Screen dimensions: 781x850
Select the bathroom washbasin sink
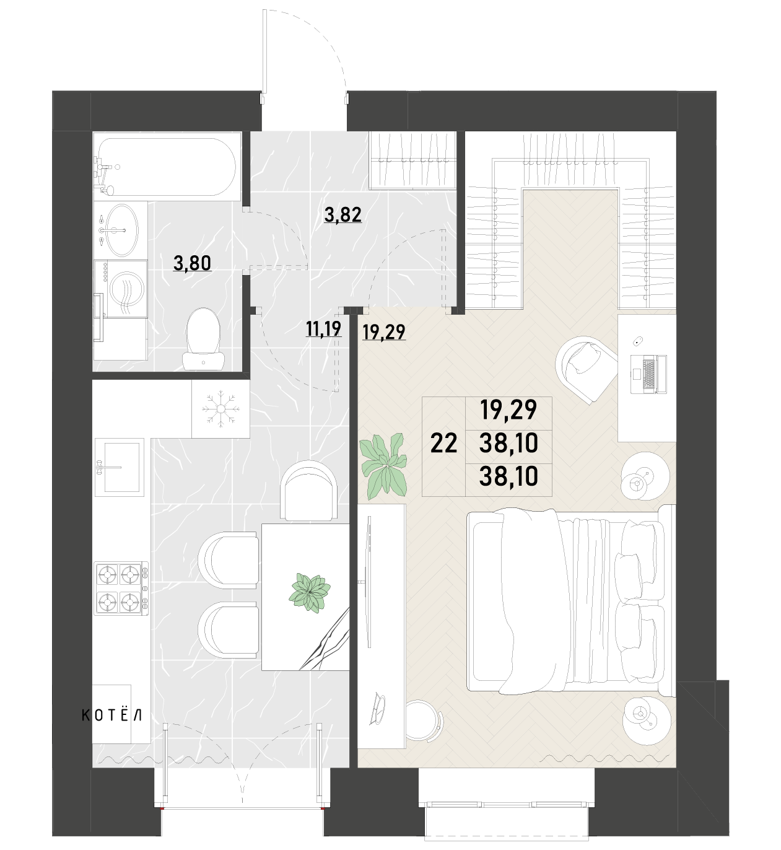tap(121, 230)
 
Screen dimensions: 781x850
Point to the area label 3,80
tap(192, 263)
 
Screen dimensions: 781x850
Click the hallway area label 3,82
tap(343, 215)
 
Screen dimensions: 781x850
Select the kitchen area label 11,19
tap(323, 328)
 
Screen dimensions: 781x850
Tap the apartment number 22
tap(443, 444)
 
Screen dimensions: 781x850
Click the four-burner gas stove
tap(121, 588)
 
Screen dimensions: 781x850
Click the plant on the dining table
tap(309, 592)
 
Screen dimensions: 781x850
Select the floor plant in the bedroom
tap(383, 464)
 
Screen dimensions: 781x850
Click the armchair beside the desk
tap(587, 369)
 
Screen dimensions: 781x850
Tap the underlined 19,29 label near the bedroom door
tap(384, 332)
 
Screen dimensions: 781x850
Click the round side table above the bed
tap(645, 475)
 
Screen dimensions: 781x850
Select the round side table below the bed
tap(647, 719)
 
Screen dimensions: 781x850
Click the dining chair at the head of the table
tap(309, 490)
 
